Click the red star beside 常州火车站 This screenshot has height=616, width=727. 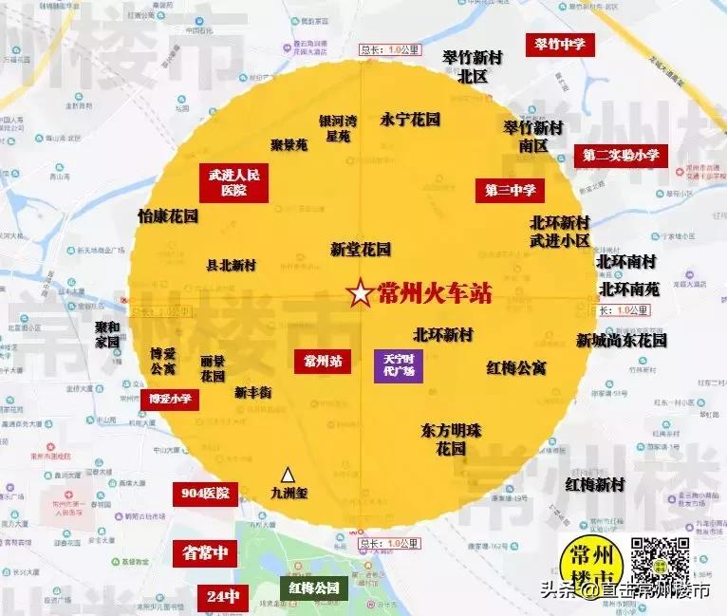click(361, 294)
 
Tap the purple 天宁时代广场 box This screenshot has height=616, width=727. click(399, 364)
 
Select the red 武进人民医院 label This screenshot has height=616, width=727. click(234, 181)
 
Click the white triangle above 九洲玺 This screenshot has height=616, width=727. click(288, 474)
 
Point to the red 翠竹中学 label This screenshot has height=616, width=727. click(560, 44)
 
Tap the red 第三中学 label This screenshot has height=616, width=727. click(510, 190)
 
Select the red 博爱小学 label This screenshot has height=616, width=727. click(170, 400)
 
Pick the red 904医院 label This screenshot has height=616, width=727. click(205, 494)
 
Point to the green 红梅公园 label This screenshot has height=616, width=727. click(313, 588)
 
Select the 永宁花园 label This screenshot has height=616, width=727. click(410, 120)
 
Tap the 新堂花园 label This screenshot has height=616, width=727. click(361, 250)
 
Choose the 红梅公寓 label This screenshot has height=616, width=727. click(516, 367)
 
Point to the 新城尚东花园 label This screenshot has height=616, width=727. click(622, 340)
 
